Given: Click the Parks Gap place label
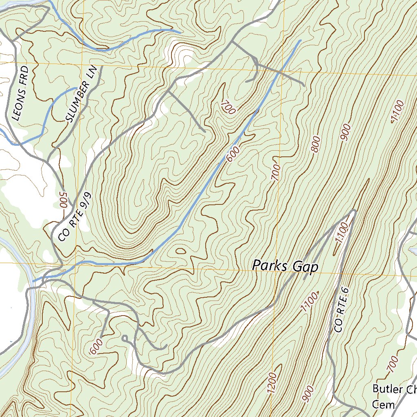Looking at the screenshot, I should (285, 266).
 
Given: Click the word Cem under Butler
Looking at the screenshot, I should (384, 404).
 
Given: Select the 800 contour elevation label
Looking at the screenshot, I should (316, 145).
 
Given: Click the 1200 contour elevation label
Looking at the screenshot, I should (273, 383).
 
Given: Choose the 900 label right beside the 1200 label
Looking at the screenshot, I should (309, 393).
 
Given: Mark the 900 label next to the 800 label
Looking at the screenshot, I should (346, 132).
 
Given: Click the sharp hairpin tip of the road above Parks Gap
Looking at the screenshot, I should (354, 211).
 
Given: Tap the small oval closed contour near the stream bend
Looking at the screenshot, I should (181, 251).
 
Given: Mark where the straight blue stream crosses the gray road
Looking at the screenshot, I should (281, 71).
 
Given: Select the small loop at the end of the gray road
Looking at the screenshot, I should (125, 338).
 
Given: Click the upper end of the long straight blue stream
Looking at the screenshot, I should (300, 41).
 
